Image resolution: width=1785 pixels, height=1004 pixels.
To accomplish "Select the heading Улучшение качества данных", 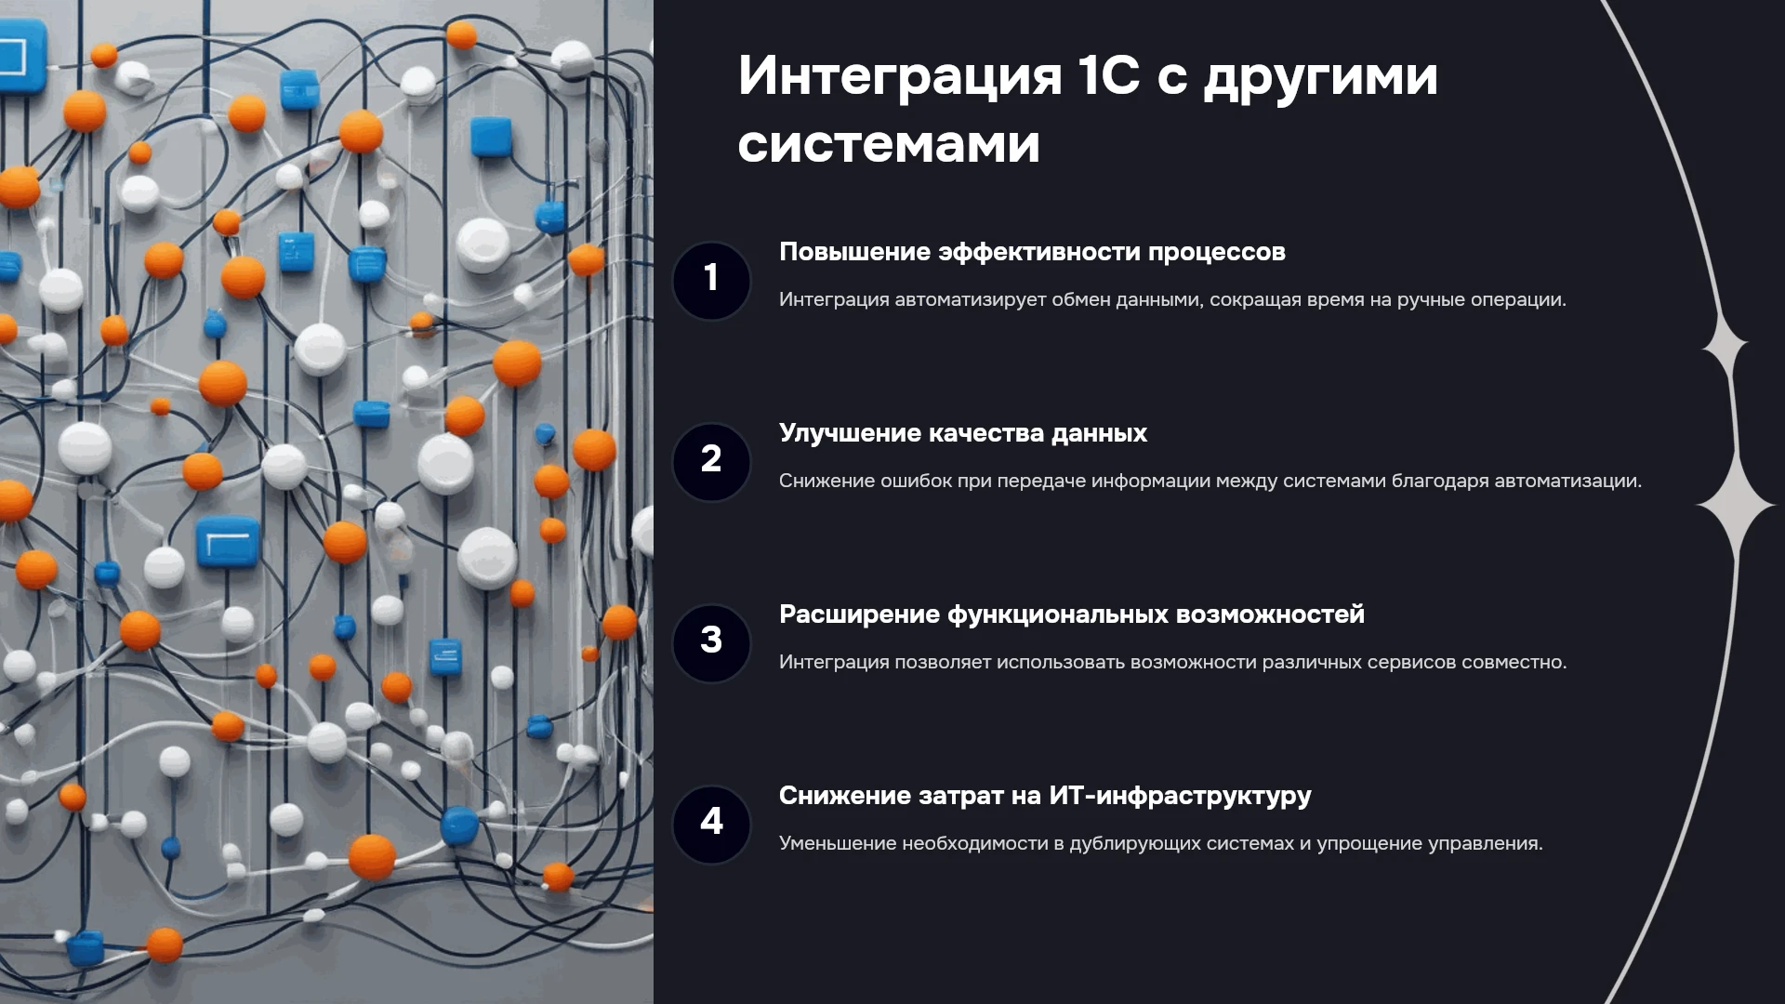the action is point(963,434).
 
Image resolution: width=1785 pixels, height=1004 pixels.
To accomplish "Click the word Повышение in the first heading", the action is point(854,252).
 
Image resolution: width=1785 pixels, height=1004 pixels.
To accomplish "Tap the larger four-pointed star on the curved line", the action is point(1736,505).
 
